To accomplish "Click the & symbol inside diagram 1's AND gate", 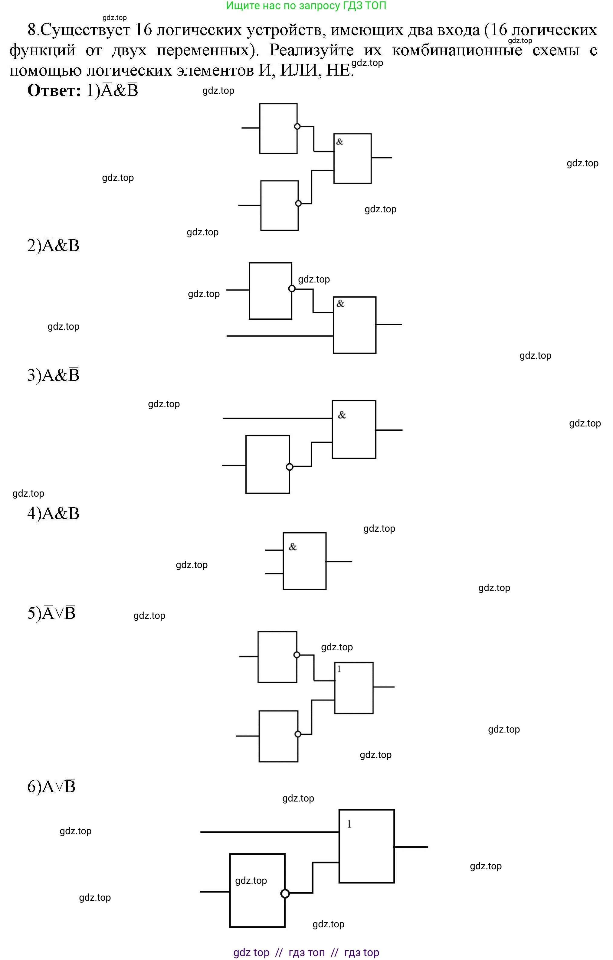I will coord(340,142).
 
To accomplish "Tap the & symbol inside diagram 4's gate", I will coord(293,547).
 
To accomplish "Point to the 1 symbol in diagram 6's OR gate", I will coord(349,824).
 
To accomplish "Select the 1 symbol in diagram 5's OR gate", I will coord(339,669).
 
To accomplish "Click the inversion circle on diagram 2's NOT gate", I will coord(292,289).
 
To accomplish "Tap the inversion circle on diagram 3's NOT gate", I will coord(290,467).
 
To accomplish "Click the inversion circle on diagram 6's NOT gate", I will coord(285,894).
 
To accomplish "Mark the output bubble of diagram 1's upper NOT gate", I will coord(297,126).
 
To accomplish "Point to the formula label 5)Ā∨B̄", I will coord(51,613).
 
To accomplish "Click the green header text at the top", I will coord(306,5).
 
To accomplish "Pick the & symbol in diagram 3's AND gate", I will coord(342,415).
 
